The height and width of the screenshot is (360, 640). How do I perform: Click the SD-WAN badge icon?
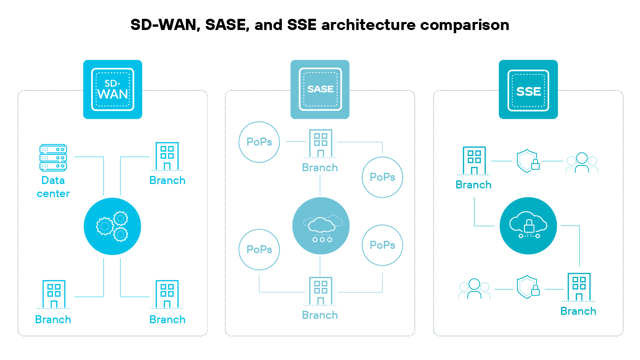(112, 89)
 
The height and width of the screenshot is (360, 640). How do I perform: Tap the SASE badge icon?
(320, 89)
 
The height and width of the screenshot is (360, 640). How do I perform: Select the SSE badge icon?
(528, 90)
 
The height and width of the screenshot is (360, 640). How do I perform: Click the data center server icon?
(53, 158)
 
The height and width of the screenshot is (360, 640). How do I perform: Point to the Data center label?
(53, 187)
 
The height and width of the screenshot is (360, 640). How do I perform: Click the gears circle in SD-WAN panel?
(112, 226)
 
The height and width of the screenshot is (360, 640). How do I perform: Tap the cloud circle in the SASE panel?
(321, 226)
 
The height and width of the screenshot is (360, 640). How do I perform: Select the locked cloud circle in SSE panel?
(528, 226)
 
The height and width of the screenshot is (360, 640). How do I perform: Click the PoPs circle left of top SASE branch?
(259, 142)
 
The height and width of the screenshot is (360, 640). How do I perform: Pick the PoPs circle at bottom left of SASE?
(259, 250)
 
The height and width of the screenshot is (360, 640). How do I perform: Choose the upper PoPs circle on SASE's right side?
(382, 177)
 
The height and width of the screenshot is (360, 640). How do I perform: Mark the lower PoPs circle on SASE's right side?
(382, 245)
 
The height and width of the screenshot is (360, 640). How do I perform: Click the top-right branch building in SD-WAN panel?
(167, 156)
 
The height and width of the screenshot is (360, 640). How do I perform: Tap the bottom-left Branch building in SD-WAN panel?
(54, 294)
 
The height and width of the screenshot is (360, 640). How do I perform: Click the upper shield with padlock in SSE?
(528, 161)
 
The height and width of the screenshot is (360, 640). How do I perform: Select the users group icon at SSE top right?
(582, 162)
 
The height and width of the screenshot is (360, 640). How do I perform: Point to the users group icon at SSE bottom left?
(474, 289)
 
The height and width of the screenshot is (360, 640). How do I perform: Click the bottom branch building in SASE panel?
(320, 291)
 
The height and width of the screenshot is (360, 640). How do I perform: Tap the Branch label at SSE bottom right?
(578, 311)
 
